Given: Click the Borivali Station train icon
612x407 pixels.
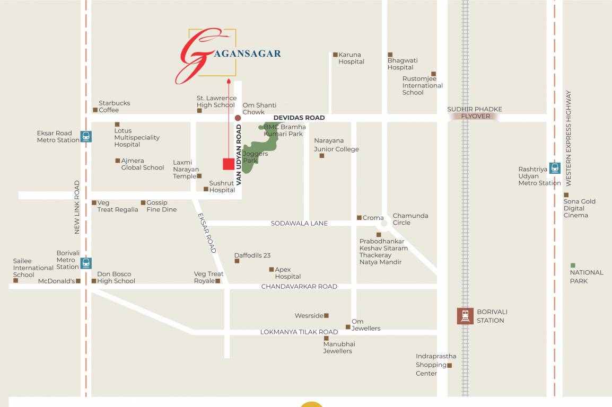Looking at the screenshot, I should point(465,316).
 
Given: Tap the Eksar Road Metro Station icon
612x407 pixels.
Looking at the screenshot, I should point(86,136).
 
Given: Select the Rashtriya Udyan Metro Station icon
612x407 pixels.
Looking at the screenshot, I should point(555,168).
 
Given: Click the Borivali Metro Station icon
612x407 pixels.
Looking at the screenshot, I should point(86,263).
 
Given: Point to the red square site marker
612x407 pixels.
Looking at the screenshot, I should point(229,164).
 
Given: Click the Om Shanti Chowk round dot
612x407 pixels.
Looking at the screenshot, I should point(238,118).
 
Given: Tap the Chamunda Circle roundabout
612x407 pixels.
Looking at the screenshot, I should point(386,223).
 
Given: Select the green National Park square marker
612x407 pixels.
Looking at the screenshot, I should point(573,265).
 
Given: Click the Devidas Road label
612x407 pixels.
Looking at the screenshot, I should point(299,118).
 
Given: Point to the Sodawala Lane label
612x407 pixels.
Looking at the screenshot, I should point(299,224).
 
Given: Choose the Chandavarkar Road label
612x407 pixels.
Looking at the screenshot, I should point(299,287).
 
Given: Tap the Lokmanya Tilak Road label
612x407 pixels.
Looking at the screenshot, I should point(299,332).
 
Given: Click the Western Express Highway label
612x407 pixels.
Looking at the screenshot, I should point(569,138).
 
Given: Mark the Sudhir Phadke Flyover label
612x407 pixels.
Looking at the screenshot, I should point(475,113).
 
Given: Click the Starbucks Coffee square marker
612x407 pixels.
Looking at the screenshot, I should point(95,110).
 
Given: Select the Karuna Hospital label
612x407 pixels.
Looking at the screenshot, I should point(351,58).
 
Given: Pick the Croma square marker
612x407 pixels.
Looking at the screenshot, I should point(359,218).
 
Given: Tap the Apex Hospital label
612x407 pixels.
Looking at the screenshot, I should point(287,273).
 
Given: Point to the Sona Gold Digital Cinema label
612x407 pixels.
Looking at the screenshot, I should point(579,208).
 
